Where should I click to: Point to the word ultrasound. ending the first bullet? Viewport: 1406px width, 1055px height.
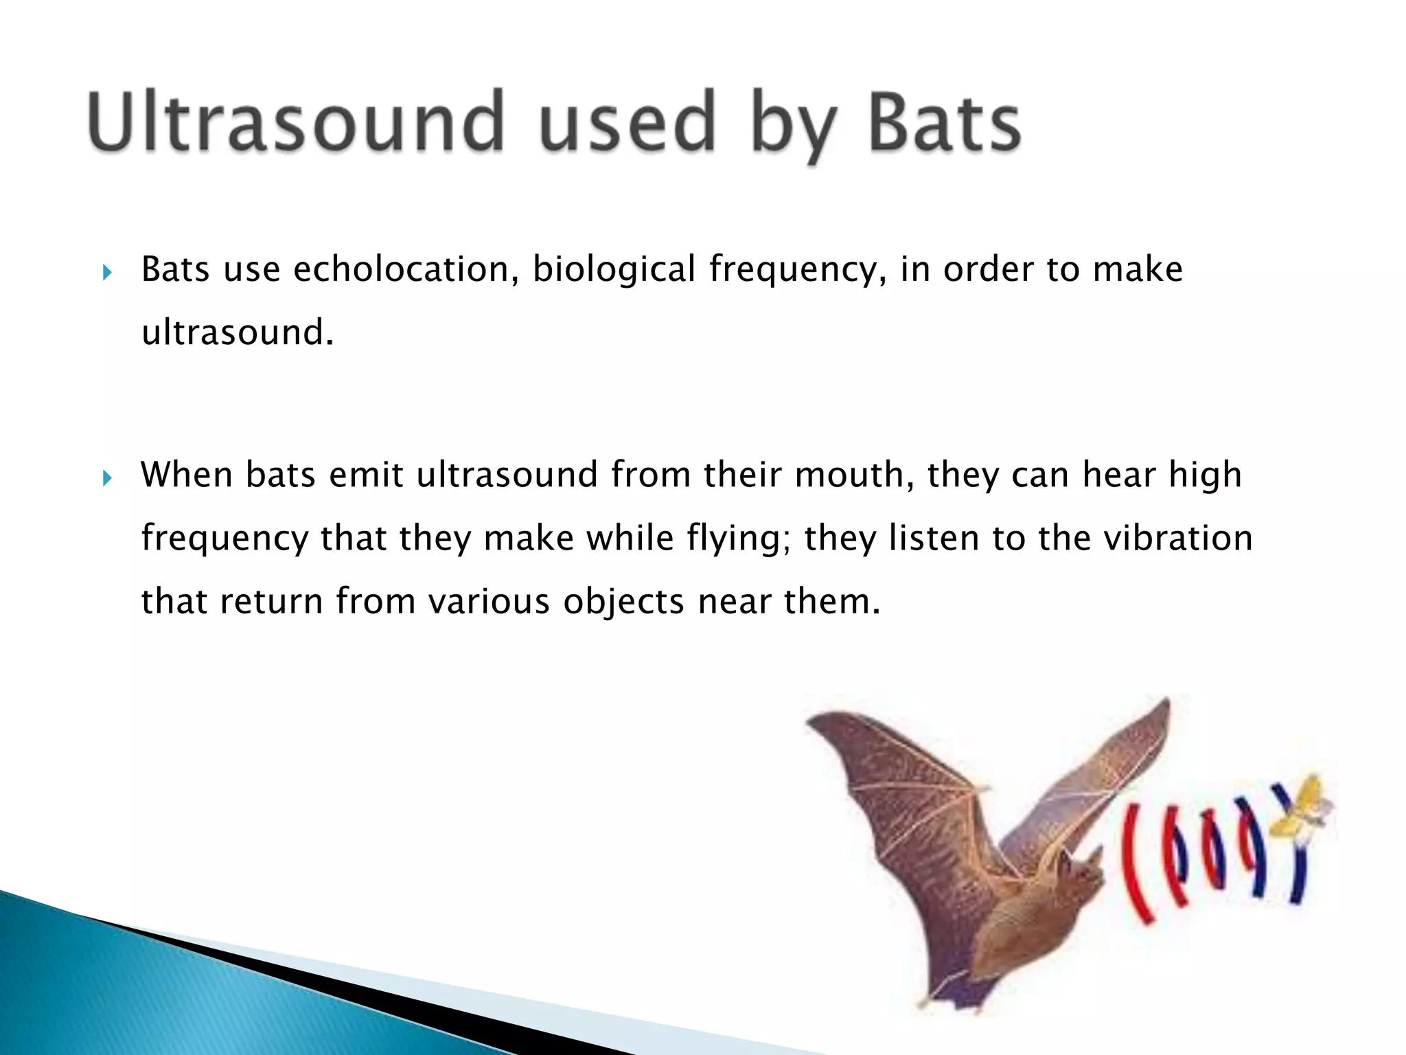point(237,333)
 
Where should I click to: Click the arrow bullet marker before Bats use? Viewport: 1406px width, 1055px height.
point(106,273)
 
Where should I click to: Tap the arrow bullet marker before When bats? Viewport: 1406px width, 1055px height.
point(106,479)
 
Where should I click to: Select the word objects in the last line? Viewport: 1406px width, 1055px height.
point(623,602)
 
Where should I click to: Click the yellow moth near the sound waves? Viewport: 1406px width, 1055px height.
point(1308,810)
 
